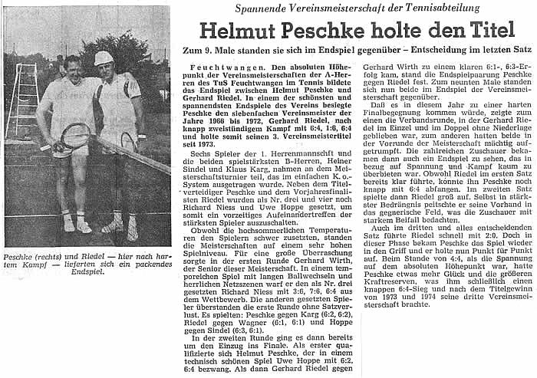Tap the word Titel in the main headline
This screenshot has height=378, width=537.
point(489,30)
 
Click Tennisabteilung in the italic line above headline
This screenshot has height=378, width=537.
point(437,8)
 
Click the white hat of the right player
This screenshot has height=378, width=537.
point(104,58)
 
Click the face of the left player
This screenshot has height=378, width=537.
point(73,67)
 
